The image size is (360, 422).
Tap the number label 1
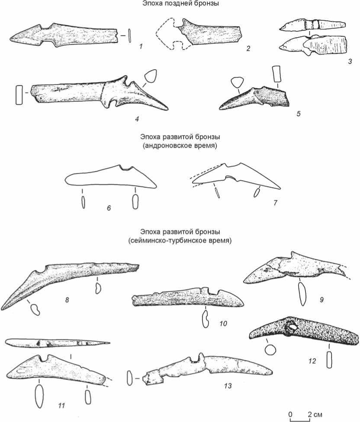[x=141, y=47]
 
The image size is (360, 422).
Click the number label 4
[x=137, y=118]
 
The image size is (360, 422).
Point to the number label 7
[x=275, y=202]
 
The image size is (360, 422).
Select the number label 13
[x=228, y=386]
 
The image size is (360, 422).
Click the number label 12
[x=312, y=361]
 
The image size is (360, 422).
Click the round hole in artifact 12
[x=291, y=327]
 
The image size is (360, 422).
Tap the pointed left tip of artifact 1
[x=11, y=39]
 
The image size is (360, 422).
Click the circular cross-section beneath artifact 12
[x=270, y=350]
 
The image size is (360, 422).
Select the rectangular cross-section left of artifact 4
[x=19, y=95]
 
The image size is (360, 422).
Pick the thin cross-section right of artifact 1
[x=129, y=35]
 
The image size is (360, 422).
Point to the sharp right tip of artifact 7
[x=280, y=189]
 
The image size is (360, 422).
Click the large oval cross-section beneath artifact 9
[x=302, y=294]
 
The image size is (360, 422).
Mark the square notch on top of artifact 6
[x=126, y=168]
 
